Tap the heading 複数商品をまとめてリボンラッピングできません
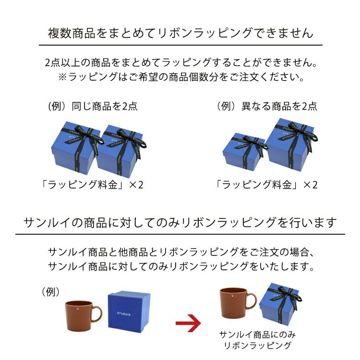180,33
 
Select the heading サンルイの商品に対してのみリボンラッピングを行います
180,222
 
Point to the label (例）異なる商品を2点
266,106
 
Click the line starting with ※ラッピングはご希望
180,77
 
